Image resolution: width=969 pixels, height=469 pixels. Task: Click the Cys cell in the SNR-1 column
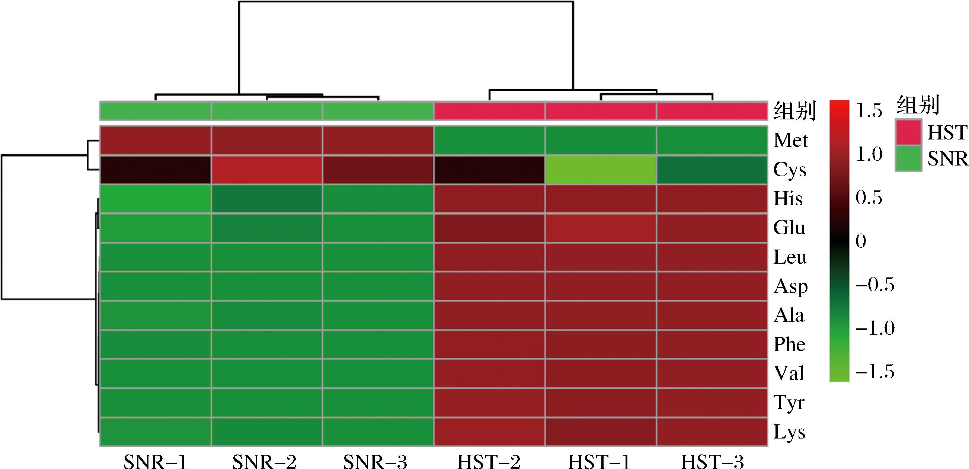pos(155,170)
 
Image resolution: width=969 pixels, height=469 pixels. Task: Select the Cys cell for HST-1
pos(601,170)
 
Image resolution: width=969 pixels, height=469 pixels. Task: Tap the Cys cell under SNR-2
pos(267,170)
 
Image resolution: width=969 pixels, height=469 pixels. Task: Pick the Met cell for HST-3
pos(712,140)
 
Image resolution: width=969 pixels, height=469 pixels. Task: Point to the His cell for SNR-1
pos(155,199)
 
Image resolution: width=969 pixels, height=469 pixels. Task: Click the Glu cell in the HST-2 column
pos(489,228)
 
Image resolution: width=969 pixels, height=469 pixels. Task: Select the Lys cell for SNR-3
pos(378,432)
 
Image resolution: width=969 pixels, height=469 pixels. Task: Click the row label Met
pos(790,141)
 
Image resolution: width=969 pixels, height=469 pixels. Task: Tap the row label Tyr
pos(789,403)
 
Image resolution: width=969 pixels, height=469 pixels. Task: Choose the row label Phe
pos(789,344)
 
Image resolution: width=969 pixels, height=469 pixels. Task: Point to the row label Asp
pos(790,287)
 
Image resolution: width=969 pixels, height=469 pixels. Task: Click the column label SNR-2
pos(264,462)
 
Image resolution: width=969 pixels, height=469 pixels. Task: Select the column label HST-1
pos(599,462)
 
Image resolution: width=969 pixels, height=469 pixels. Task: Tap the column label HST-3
pos(712,462)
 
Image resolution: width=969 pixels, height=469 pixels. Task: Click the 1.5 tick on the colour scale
pos(869,110)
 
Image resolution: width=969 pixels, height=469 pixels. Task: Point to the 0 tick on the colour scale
pos(861,241)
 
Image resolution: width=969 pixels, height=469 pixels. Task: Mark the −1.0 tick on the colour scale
pos(875,328)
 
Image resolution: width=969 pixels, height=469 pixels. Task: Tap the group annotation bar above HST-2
pos(489,111)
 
